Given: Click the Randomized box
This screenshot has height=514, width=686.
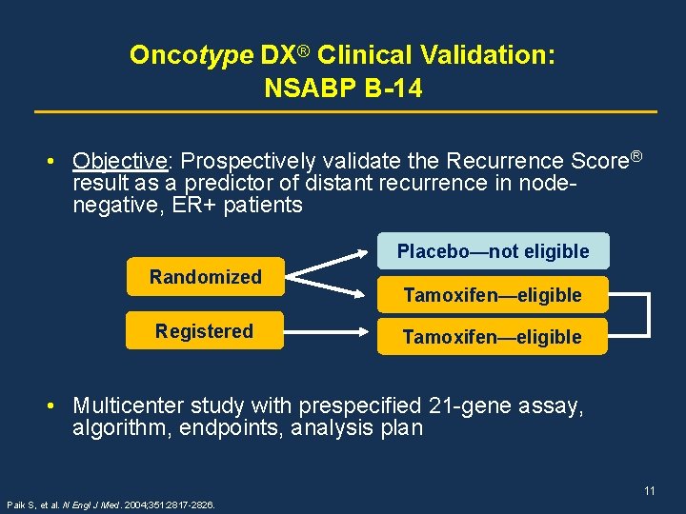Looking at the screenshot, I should click(205, 277).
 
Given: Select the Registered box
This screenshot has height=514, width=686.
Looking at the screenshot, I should click(205, 331).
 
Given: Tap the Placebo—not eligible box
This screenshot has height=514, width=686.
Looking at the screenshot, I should click(493, 251).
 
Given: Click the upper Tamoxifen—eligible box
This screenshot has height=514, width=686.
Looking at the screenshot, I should click(492, 295).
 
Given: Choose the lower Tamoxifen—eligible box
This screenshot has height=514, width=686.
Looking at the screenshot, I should click(492, 337).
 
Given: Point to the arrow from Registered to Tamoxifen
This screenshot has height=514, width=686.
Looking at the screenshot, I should click(329, 331).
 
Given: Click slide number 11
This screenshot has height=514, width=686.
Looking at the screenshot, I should click(649, 491).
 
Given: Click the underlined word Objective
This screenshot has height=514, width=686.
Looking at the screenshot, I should click(121, 160).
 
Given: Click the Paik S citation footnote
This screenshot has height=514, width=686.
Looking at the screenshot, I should click(110, 504).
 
